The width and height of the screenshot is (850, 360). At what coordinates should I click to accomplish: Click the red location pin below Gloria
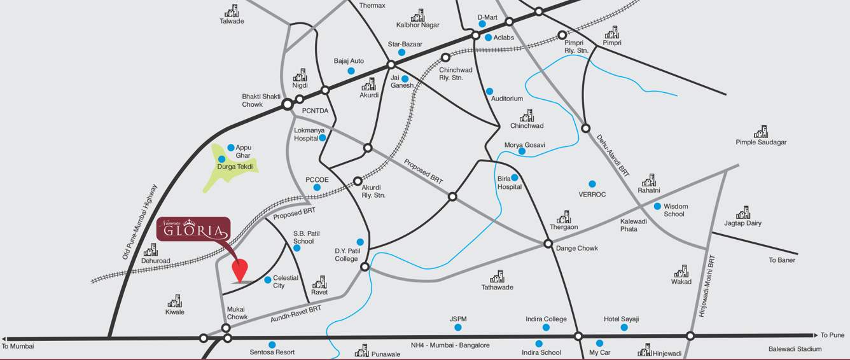coord(239,270)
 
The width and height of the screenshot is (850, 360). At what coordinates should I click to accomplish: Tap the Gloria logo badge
coord(193,231)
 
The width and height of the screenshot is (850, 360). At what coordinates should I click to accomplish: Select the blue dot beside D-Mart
coord(482,24)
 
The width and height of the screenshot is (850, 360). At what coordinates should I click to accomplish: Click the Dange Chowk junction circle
coord(548,244)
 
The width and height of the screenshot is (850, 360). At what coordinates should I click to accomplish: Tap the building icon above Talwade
coord(232,10)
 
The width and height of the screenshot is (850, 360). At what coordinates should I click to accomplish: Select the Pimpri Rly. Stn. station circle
coord(562,35)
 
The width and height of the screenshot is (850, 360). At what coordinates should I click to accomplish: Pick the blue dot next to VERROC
coord(592,184)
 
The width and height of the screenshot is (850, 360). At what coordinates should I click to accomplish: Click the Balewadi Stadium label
coord(795,349)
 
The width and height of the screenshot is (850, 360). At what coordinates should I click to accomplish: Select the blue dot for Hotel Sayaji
coord(624,328)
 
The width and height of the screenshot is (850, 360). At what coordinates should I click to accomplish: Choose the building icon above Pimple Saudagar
coord(761,132)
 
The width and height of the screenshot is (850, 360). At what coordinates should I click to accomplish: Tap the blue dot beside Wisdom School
coord(657,206)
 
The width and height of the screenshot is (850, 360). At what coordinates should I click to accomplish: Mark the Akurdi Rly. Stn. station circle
coord(358,181)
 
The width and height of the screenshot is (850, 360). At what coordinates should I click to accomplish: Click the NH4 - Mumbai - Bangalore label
coord(450,345)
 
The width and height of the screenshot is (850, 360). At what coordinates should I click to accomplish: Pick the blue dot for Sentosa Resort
coord(272,344)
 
